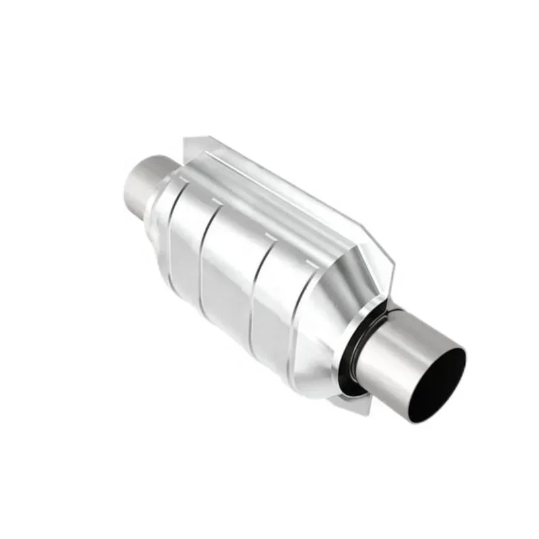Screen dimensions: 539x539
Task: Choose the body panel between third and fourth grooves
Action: pyautogui.click(x=276, y=296)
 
